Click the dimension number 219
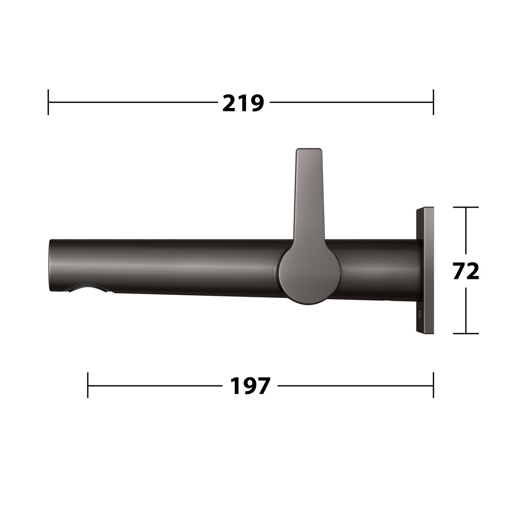coord(243,103)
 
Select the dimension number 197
coord(250,386)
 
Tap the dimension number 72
coord(466,271)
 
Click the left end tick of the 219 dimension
coord(48,102)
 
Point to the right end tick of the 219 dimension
coord(433,102)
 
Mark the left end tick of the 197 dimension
coord(88,385)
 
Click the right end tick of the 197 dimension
coord(433,385)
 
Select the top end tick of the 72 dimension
coord(466,207)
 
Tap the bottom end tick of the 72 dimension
coord(466,333)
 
